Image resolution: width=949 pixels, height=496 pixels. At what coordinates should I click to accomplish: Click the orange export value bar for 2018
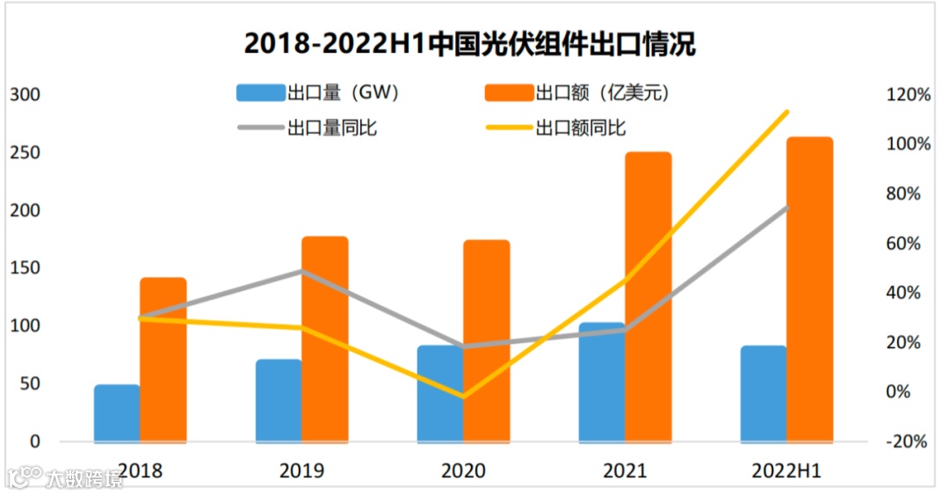tap(163, 361)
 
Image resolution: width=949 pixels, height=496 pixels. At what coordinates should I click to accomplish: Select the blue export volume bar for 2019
tap(279, 400)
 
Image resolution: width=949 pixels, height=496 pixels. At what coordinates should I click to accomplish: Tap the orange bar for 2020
tap(487, 341)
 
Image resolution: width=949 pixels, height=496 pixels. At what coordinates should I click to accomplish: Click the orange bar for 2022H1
tap(809, 290)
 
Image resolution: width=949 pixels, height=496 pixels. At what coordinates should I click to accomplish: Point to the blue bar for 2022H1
tap(764, 394)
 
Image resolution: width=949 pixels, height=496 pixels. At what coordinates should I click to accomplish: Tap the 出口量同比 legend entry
tap(308, 128)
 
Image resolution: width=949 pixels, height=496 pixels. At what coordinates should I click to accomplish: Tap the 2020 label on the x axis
tap(463, 471)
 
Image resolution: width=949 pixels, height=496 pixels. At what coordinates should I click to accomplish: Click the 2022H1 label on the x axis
tap(786, 471)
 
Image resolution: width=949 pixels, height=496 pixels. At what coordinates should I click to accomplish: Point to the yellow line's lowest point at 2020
tap(463, 397)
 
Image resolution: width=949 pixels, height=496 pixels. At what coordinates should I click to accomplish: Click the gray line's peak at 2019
tap(301, 271)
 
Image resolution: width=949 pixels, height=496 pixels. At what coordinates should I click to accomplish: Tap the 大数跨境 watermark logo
tap(66, 478)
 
